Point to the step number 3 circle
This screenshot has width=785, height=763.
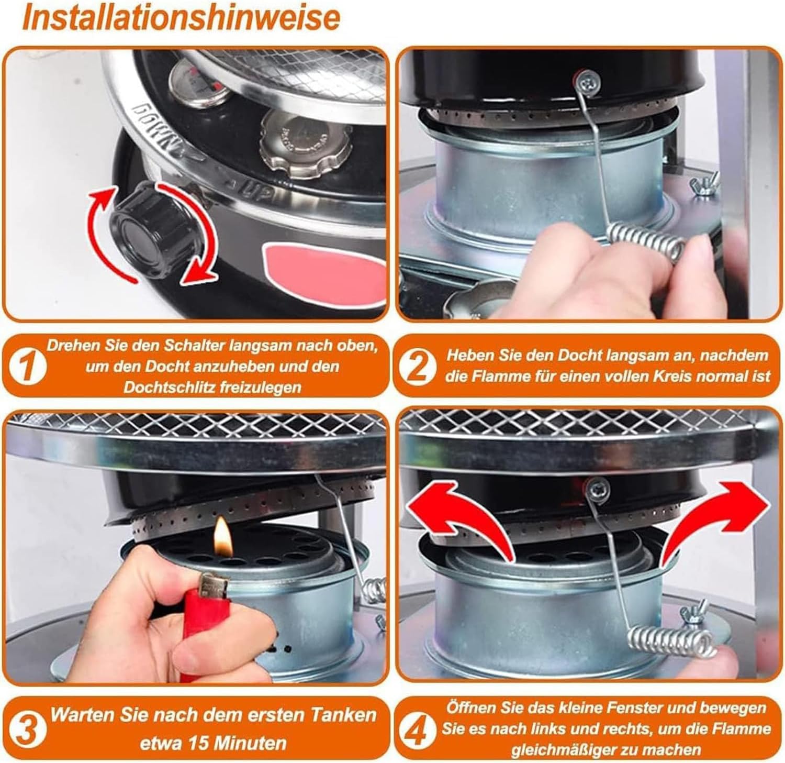click(25, 728)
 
